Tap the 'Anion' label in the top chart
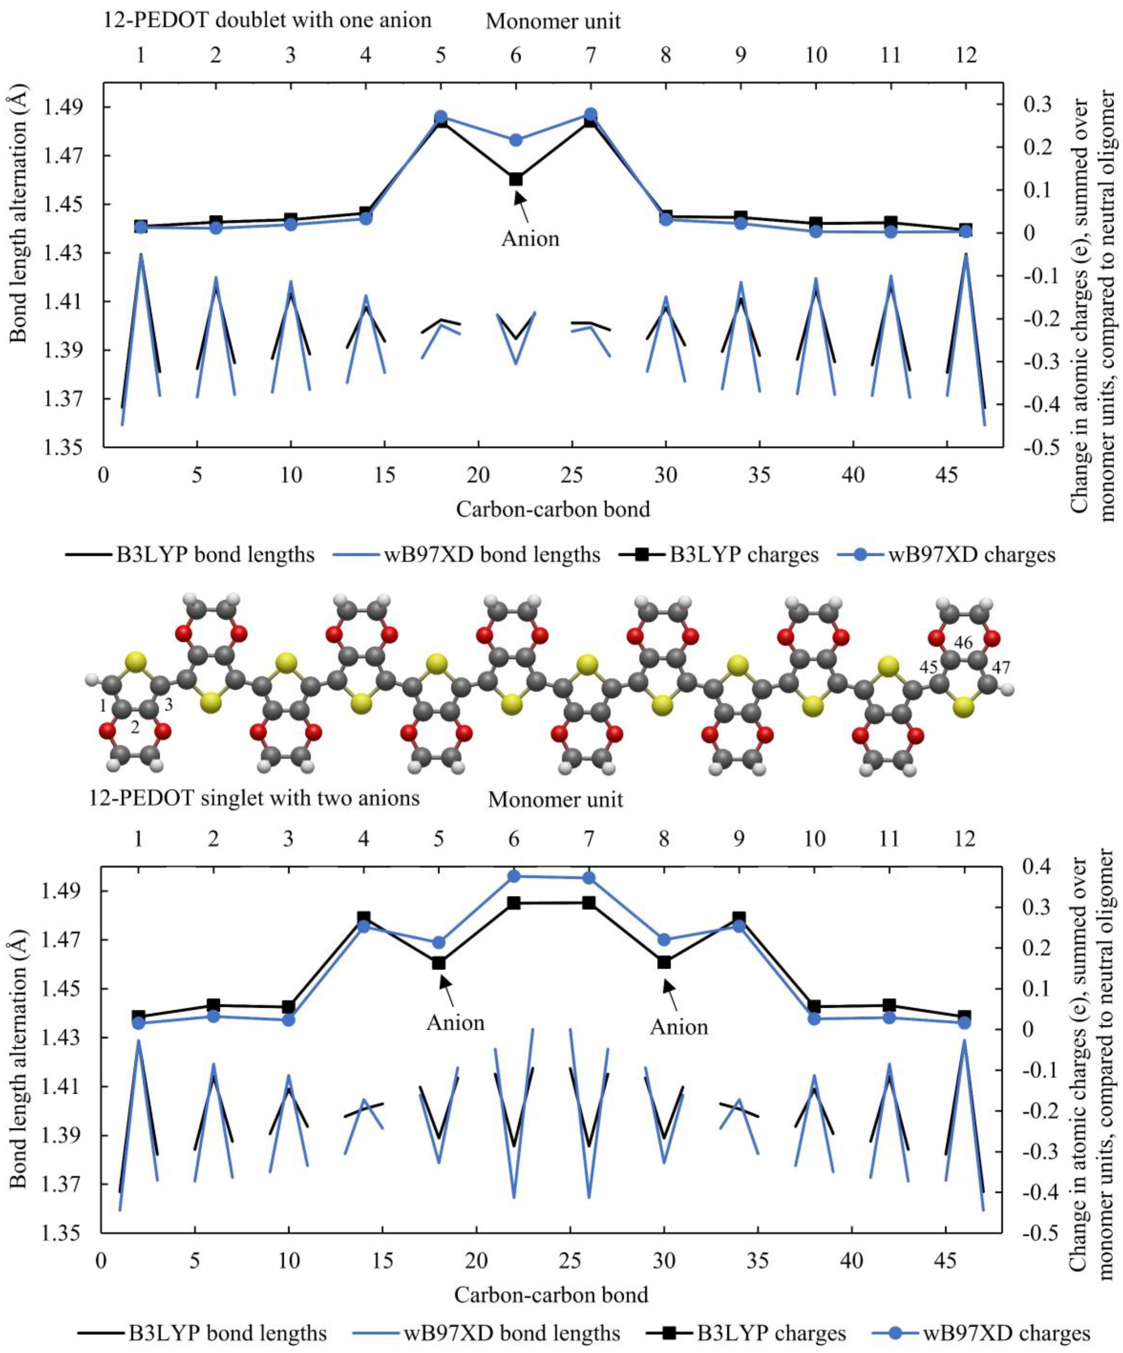coord(530,239)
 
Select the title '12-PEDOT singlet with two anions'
coord(254,798)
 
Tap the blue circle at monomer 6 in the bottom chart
coord(514,876)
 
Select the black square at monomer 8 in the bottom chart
coord(664,962)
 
